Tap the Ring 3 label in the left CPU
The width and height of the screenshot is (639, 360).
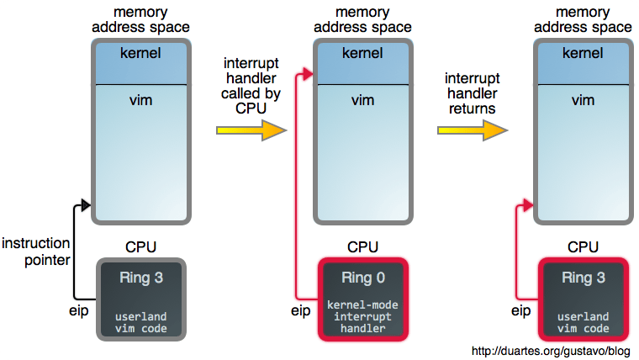(x=141, y=278)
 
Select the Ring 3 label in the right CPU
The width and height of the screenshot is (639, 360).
(x=584, y=278)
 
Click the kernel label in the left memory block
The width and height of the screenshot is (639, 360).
(x=140, y=56)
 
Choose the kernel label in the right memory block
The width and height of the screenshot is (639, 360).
(x=584, y=56)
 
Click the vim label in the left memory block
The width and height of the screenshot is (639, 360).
(x=140, y=100)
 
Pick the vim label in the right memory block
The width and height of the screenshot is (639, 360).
(x=584, y=100)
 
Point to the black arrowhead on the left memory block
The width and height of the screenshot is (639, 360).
(x=86, y=204)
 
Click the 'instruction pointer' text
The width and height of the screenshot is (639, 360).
(x=35, y=251)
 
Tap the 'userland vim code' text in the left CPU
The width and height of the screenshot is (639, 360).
(x=141, y=322)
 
